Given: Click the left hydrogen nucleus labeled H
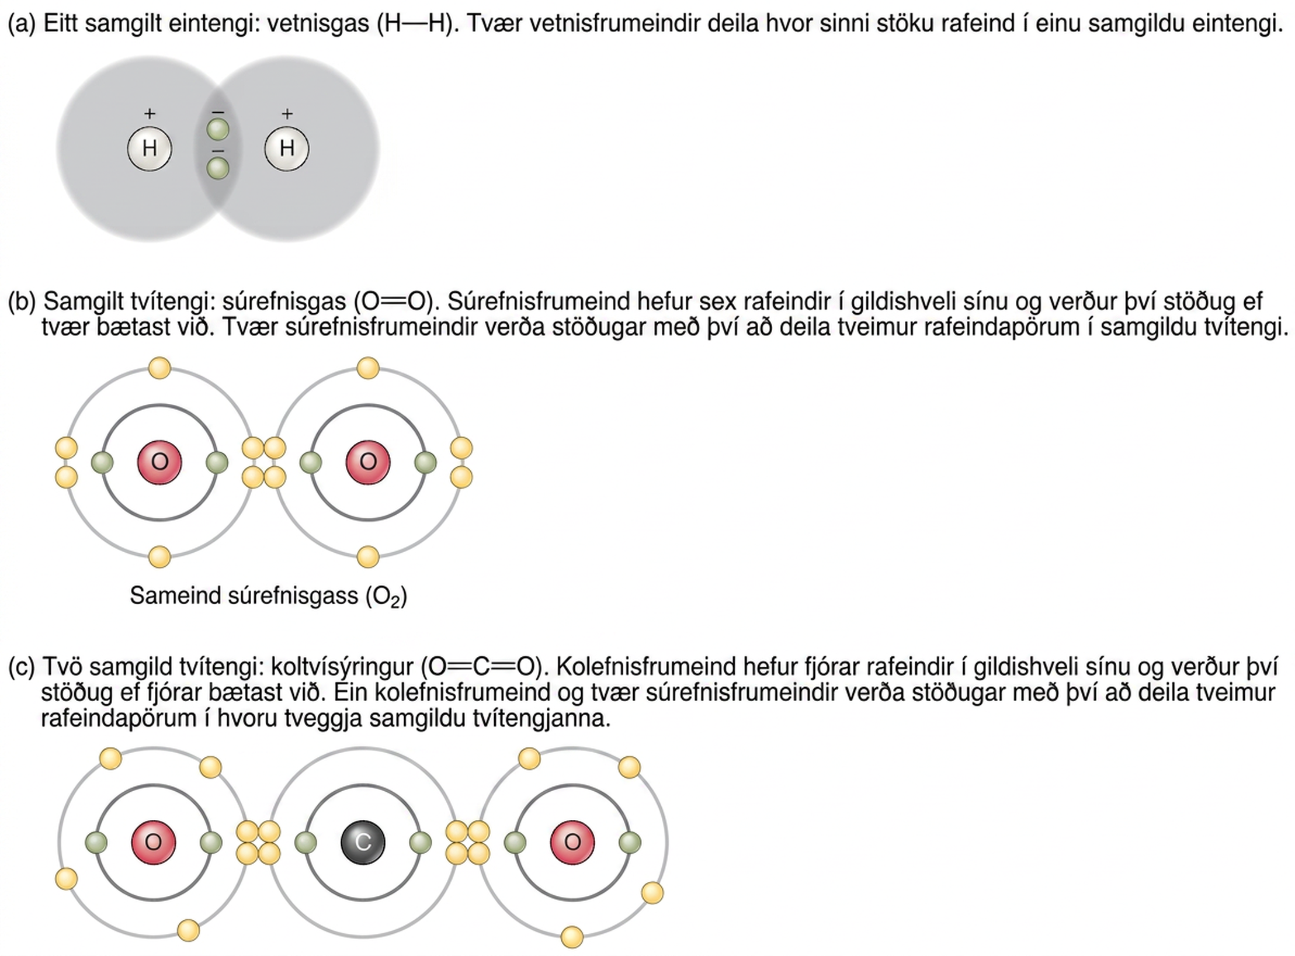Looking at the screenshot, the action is pos(150,148).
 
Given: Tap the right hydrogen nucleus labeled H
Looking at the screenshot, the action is pos(287,148).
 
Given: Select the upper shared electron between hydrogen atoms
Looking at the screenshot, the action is pos(218,129).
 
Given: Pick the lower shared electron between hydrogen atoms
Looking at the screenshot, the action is pos(218,169).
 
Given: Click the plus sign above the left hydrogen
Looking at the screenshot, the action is pos(150,113).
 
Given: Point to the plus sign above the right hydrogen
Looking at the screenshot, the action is pos(287,113).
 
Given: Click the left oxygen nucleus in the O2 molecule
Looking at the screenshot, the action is pos(159,462).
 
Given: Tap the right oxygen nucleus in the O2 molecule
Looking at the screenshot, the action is pos(368,462).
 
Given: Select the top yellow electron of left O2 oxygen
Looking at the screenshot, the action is pos(159,368).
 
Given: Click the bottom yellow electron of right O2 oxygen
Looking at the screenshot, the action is pos(368,557).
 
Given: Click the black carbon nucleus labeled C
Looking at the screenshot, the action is pos(363,842).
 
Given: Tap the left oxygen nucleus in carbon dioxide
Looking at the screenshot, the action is pos(154,842).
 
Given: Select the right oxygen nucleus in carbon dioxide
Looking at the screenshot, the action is pos(572,842).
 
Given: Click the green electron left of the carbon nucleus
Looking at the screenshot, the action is pos(305,843).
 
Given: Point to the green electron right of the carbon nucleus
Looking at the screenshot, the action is pos(421,843).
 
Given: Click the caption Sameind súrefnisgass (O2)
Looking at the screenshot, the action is pos(268,597).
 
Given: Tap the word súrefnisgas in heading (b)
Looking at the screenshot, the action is pos(284,302).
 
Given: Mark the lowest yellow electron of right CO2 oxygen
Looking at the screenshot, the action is pos(572,937).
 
